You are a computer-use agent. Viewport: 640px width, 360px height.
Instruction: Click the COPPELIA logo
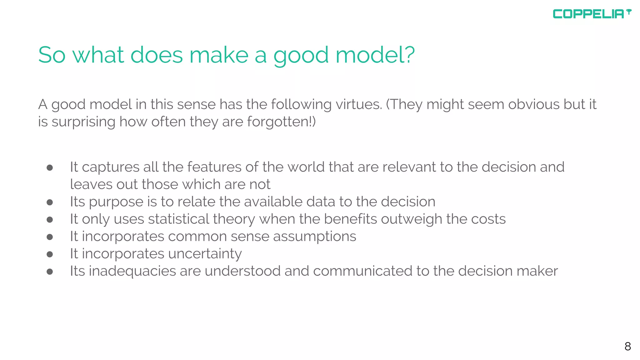click(x=592, y=14)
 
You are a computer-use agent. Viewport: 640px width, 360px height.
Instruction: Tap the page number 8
click(x=627, y=346)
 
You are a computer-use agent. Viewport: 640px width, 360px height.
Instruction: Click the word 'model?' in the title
click(x=375, y=55)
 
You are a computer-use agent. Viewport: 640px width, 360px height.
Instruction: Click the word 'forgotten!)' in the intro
click(x=281, y=122)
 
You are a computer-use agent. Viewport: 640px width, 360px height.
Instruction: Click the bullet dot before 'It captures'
click(x=50, y=168)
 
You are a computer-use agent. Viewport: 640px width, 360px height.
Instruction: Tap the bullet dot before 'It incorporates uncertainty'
click(x=50, y=254)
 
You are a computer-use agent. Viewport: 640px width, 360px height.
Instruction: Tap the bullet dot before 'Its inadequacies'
click(x=50, y=272)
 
